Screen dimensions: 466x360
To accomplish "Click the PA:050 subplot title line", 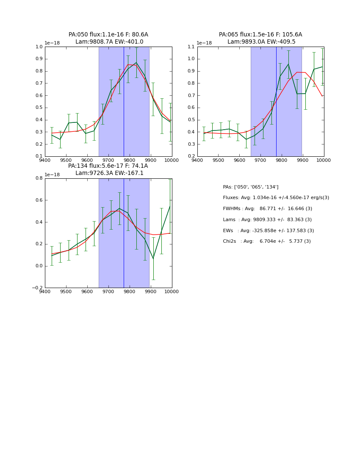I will pyautogui.click(x=108, y=35).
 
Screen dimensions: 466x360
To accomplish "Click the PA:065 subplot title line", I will pyautogui.click(x=260, y=35).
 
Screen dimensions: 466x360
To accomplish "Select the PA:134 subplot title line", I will pyautogui.click(x=108, y=166).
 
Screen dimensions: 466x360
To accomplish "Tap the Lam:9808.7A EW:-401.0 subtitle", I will pyautogui.click(x=109, y=42).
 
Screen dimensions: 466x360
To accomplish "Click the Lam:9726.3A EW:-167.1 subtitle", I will pyautogui.click(x=109, y=173).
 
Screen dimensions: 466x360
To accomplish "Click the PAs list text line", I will pyautogui.click(x=251, y=187).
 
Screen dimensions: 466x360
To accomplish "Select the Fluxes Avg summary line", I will pyautogui.click(x=276, y=198).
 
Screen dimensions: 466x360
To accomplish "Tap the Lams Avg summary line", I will pyautogui.click(x=267, y=219).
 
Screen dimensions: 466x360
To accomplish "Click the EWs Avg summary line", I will pyautogui.click(x=269, y=230).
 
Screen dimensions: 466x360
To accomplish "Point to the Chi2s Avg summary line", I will pyautogui.click(x=267, y=241).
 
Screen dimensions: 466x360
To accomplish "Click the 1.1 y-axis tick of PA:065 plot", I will pyautogui.click(x=190, y=47).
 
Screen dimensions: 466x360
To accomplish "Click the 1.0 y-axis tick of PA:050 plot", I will pyautogui.click(x=38, y=47).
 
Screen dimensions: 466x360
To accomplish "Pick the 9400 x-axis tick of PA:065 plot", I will pyautogui.click(x=197, y=161).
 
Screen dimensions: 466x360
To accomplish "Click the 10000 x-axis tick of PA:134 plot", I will pyautogui.click(x=171, y=292).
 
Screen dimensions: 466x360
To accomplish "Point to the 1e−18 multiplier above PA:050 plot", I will pyautogui.click(x=52, y=43).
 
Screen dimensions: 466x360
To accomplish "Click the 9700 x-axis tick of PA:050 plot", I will pyautogui.click(x=108, y=161).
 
